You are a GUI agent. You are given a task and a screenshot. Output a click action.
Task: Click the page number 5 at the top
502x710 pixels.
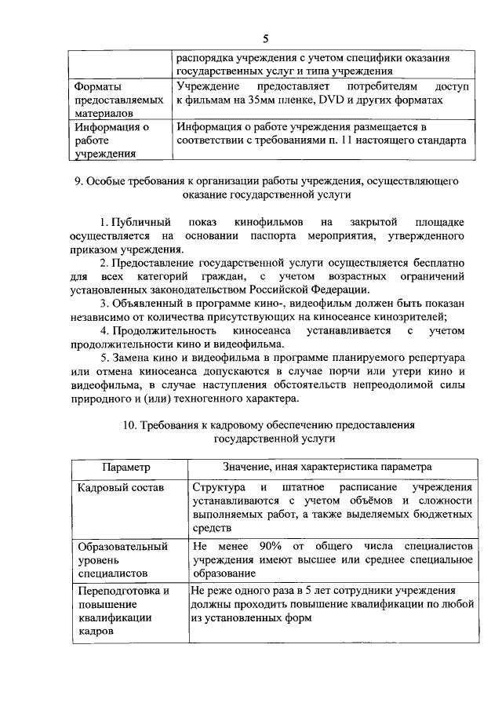tap(266, 38)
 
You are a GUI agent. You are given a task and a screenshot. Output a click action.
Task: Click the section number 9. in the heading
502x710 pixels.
tap(79, 181)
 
